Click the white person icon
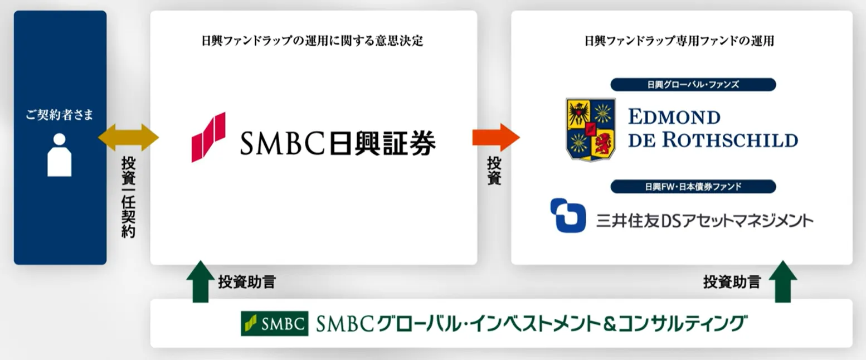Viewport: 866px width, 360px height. coord(59,155)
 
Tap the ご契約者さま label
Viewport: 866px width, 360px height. coord(60,114)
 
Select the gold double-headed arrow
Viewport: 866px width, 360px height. coord(128,137)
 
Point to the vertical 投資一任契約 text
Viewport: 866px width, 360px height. coord(128,197)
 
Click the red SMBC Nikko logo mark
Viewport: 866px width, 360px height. coord(208,137)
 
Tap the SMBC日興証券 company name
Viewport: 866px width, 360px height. coord(338,143)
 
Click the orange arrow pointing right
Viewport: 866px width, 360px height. coord(496,137)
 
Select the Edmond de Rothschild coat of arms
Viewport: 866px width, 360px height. coord(590,129)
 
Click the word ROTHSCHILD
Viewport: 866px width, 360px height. coord(730,140)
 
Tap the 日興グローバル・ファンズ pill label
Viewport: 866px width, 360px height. coord(693,85)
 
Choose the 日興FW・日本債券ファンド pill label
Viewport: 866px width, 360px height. coord(693,187)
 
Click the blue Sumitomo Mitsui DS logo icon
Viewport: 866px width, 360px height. coord(568,215)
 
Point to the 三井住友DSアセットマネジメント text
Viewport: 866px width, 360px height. coord(705,221)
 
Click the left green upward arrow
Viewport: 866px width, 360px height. coord(200,281)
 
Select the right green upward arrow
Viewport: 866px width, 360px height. coord(783,281)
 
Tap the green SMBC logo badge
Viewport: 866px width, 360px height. coord(275,323)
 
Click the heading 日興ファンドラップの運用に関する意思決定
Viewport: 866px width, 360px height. coord(313,41)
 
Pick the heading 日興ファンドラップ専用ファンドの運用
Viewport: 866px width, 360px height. coord(679,41)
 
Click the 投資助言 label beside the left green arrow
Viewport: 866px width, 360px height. coord(247,282)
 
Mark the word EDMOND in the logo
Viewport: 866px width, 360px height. coord(674,117)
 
